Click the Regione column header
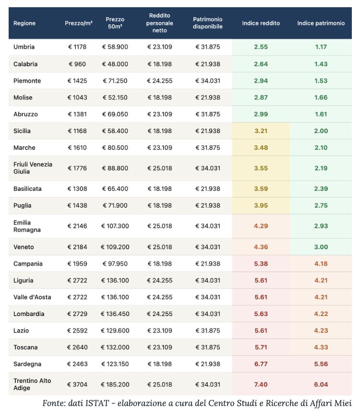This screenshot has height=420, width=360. [24, 23]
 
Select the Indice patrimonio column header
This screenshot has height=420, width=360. [321, 23]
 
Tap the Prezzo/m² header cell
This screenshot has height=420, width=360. [79, 23]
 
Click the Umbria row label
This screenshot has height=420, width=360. [24, 47]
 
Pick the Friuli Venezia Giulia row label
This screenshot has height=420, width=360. [33, 168]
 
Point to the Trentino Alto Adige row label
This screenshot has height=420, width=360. [32, 384]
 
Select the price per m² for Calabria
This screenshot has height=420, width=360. [77, 64]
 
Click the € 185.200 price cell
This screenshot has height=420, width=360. [115, 384]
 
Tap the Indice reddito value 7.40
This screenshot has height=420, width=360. [261, 384]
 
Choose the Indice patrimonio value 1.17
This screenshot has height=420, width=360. [321, 47]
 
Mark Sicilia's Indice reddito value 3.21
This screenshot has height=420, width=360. [261, 131]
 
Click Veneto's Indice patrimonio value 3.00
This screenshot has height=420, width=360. [321, 247]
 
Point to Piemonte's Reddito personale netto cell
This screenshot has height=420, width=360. [159, 81]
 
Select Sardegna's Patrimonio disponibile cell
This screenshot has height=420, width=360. [207, 364]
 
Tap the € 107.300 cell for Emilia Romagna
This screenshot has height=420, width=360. [115, 226]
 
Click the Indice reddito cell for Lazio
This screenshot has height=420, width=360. [261, 331]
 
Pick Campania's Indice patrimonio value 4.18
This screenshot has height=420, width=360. [321, 264]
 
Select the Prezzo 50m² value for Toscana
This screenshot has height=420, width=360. [115, 347]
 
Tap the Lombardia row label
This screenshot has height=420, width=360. [29, 314]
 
